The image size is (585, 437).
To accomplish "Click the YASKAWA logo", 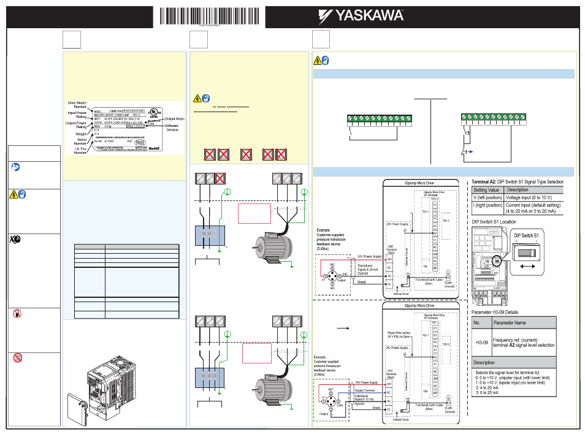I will pyautogui.click(x=362, y=14).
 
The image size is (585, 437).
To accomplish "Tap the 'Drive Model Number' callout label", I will pyautogui.click(x=77, y=105).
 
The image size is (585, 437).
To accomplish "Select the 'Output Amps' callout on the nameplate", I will pyautogui.click(x=176, y=118).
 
